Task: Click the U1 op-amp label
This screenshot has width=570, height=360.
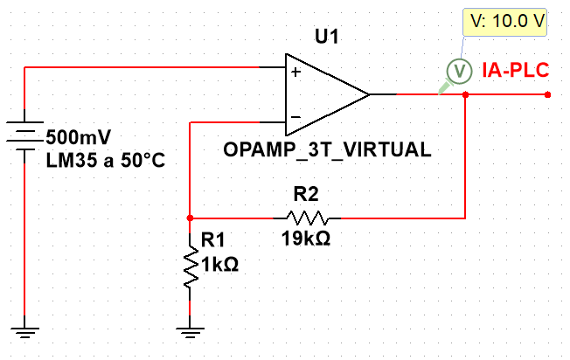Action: pyautogui.click(x=326, y=38)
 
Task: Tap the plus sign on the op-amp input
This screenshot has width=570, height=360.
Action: pyautogui.click(x=295, y=73)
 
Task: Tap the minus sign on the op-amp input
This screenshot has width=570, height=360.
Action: pyautogui.click(x=295, y=115)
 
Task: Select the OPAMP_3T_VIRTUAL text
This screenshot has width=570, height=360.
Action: pyautogui.click(x=327, y=149)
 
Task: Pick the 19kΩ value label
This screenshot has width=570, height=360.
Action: pyautogui.click(x=305, y=239)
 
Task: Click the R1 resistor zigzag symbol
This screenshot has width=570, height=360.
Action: pyautogui.click(x=191, y=269)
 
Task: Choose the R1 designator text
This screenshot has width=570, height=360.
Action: pyautogui.click(x=213, y=238)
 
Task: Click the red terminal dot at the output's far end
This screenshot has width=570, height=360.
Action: pyautogui.click(x=547, y=94)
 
